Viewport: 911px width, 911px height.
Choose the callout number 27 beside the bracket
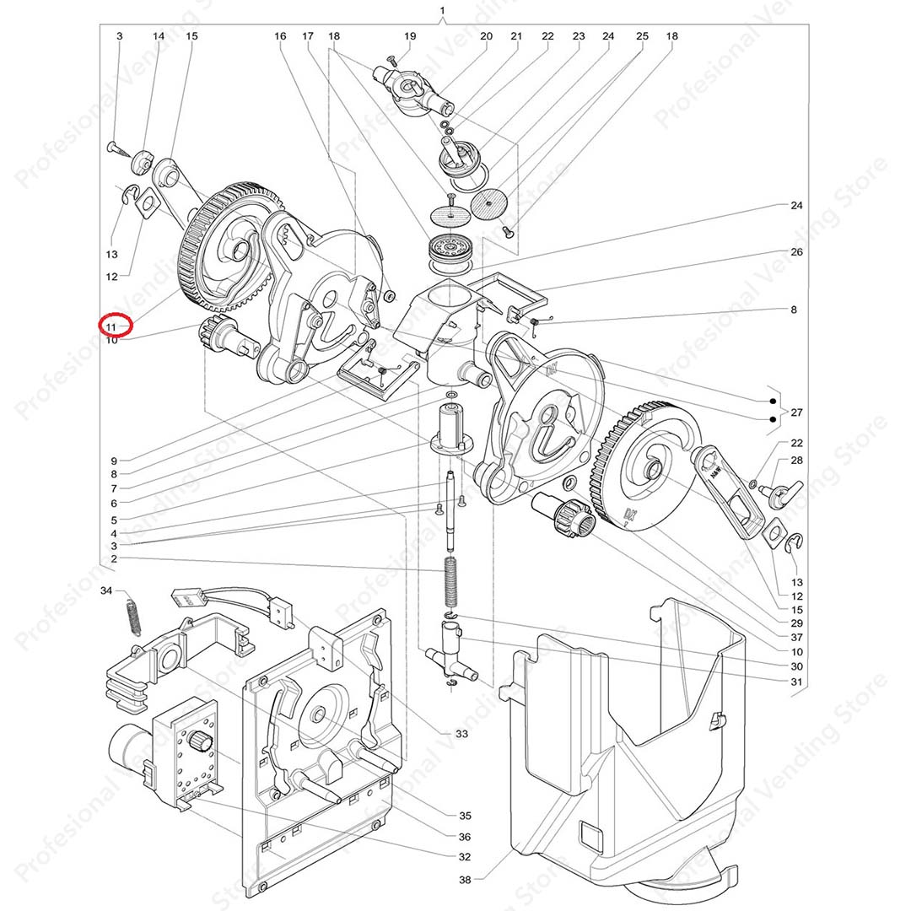tap(796, 412)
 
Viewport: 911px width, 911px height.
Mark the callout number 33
tap(461, 734)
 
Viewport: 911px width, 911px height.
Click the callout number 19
tap(410, 36)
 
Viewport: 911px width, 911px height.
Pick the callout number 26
tap(796, 252)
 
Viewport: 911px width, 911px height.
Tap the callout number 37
tap(796, 637)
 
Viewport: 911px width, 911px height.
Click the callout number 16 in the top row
tap(280, 36)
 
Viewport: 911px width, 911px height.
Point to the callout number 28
tap(796, 460)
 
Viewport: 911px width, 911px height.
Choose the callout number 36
tap(464, 837)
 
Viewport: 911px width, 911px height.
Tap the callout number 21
tap(516, 36)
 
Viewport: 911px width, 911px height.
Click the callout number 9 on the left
tap(113, 461)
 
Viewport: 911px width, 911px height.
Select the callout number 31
tap(796, 682)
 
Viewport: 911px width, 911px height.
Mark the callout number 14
tap(159, 36)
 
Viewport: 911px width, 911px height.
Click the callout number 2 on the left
tap(113, 558)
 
